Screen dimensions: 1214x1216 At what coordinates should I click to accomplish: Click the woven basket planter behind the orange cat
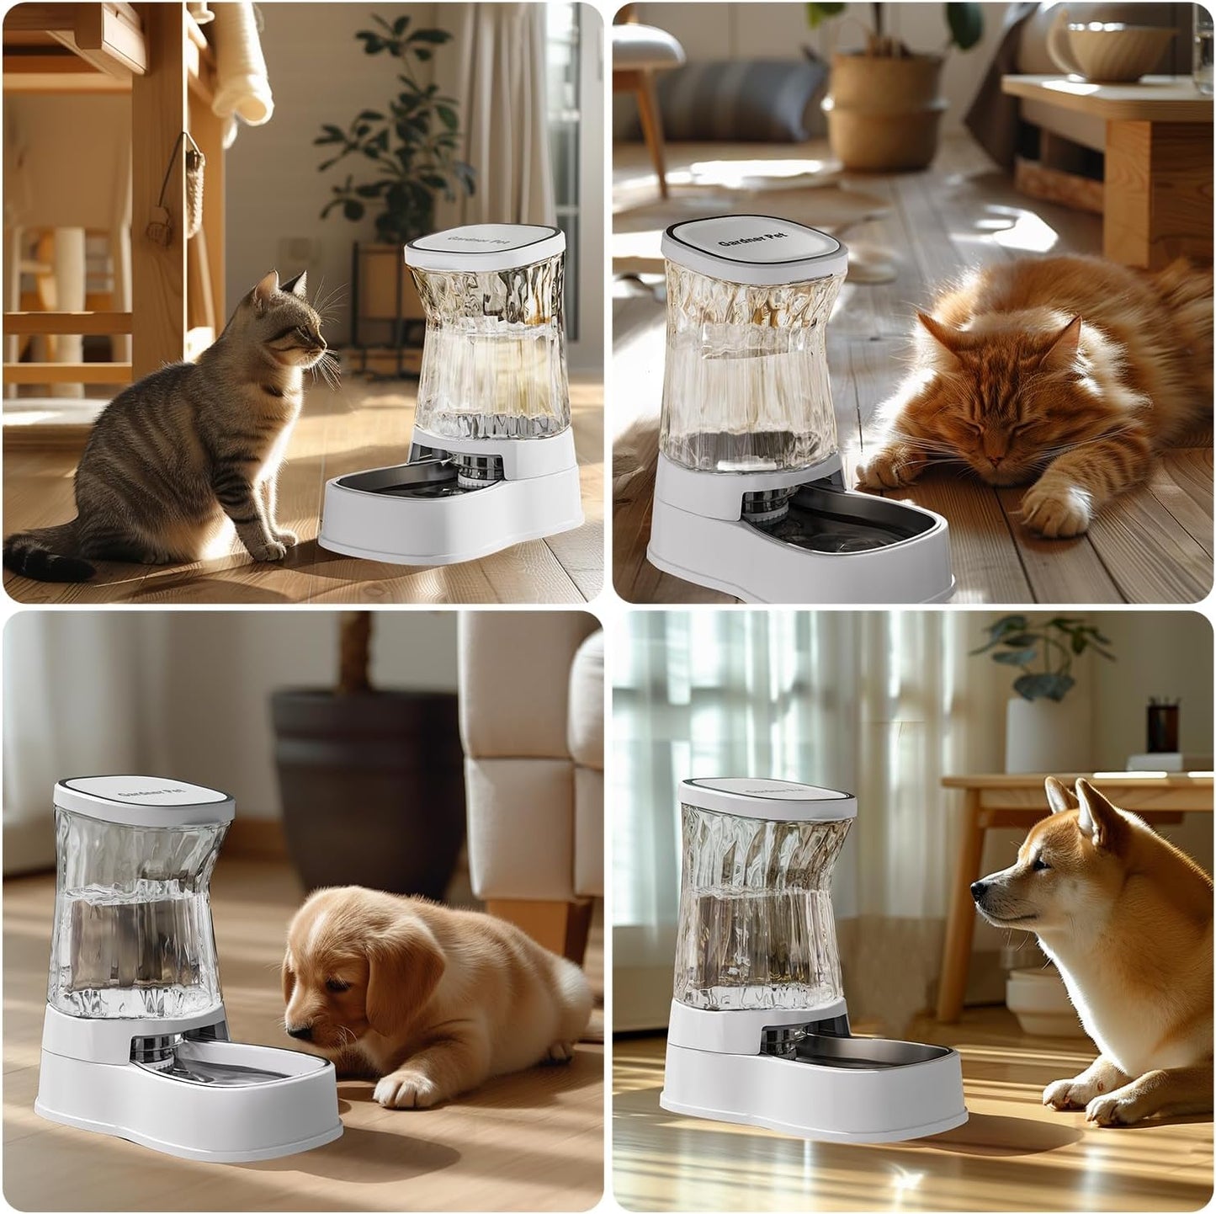pos(884,109)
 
